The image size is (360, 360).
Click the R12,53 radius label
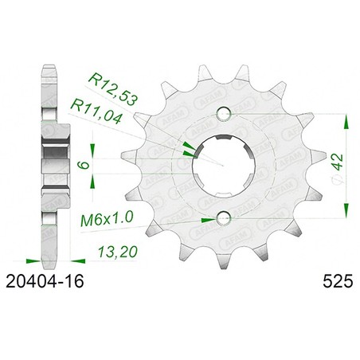[x=114, y=88]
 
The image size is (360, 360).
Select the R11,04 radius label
[x=97, y=111]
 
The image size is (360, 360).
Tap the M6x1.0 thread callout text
[x=107, y=219]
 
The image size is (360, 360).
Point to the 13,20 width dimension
[x=118, y=252]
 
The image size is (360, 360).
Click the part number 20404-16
[x=45, y=281]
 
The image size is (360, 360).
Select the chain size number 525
[x=338, y=281]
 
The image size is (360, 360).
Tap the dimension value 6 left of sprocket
[x=83, y=165]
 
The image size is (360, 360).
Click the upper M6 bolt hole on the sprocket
[x=224, y=114]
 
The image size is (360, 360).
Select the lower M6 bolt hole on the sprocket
[x=224, y=218]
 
